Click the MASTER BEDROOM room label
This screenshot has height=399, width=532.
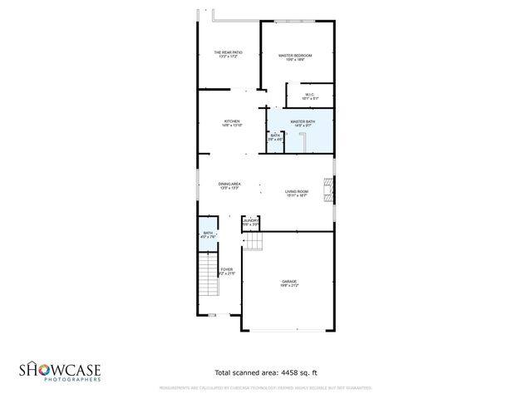tap(295, 56)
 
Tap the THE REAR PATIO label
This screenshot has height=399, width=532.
tap(228, 52)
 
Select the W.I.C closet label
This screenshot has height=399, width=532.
tap(308, 95)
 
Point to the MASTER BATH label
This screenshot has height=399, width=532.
tap(303, 122)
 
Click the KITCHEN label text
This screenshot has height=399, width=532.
tap(232, 122)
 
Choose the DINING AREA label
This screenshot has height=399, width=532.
tap(229, 184)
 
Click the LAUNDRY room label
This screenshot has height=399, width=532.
tap(250, 220)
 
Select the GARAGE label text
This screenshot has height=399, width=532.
tap(288, 283)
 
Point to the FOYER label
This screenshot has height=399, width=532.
tap(227, 269)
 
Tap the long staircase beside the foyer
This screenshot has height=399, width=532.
tap(208, 278)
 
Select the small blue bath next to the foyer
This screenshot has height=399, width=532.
tap(208, 236)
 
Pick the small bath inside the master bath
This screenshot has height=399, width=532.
tap(275, 138)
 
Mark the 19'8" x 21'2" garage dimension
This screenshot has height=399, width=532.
tap(288, 287)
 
